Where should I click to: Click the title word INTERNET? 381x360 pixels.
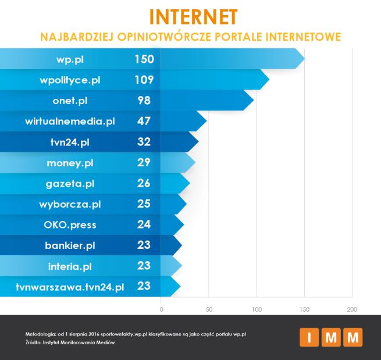193,17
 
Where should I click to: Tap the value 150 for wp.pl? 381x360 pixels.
143,59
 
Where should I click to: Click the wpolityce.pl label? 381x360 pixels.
70,80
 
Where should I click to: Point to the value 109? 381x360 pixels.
143,80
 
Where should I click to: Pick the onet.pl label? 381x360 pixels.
70,101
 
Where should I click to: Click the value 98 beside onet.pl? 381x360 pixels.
143,101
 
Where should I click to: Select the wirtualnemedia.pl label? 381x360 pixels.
70,122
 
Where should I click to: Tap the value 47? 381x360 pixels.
143,122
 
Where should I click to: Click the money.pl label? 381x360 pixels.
70,163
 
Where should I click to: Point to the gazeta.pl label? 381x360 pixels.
70,184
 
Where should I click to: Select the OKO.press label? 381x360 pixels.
70,225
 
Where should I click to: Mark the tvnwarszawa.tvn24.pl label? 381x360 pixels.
70,287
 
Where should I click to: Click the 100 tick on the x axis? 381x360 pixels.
256,308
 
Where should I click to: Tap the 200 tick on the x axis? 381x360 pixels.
350,308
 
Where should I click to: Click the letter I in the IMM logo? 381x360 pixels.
309,337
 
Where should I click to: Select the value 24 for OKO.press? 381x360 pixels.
143,225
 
